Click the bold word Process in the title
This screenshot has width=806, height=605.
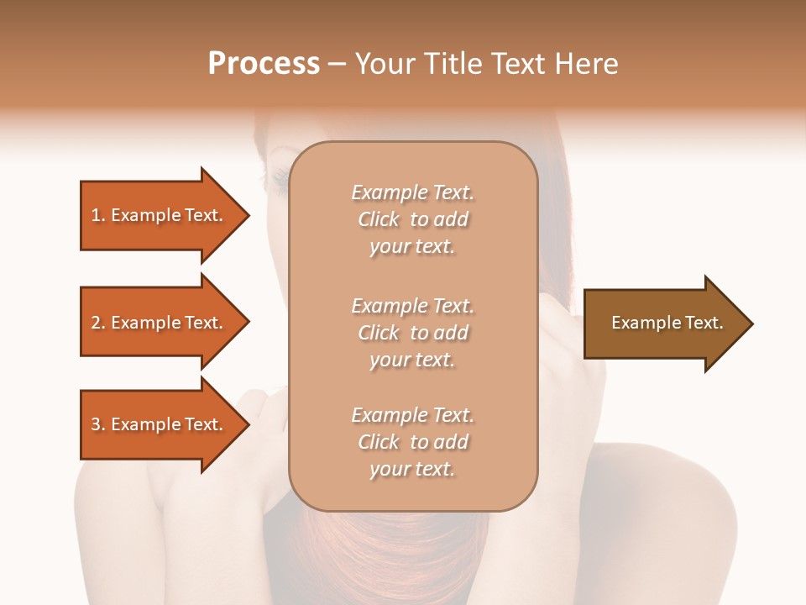(x=264, y=63)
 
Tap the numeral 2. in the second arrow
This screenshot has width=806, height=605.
(x=98, y=323)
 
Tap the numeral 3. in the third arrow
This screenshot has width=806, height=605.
(x=98, y=424)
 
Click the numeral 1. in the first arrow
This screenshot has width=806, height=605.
(x=98, y=215)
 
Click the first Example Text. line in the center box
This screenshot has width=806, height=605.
(x=412, y=192)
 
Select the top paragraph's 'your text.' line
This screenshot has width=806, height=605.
(x=412, y=247)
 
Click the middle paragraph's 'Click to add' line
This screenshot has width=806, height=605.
(x=412, y=333)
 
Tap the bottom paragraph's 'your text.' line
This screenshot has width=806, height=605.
(x=412, y=469)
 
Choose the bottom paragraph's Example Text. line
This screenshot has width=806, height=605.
(x=412, y=415)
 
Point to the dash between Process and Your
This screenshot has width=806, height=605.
(x=337, y=64)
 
